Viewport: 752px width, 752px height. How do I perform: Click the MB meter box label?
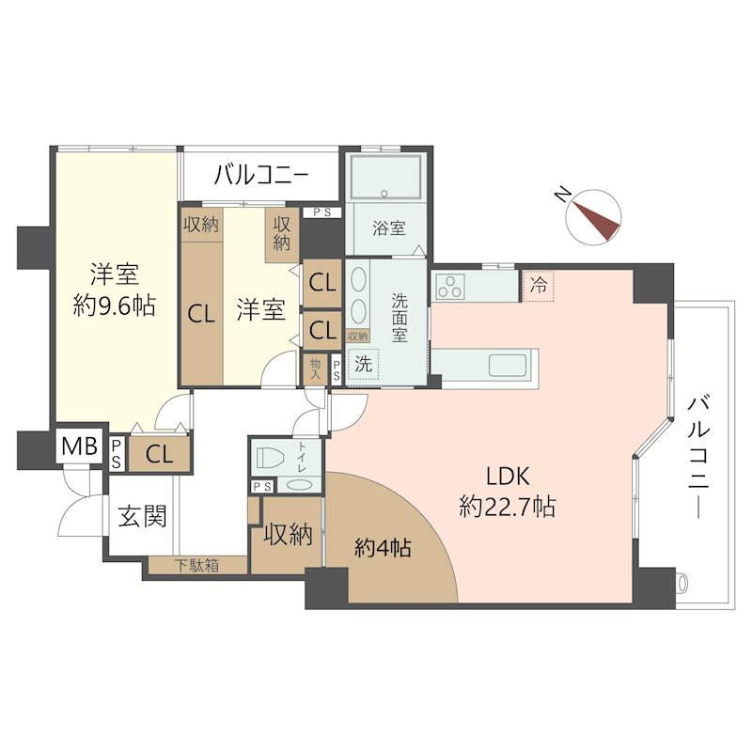(80, 446)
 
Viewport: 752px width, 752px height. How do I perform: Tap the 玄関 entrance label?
(143, 516)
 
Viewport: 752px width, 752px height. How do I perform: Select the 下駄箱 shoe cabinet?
(197, 566)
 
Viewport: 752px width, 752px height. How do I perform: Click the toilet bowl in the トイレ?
(271, 456)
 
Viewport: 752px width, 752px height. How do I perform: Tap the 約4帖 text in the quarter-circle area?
(383, 547)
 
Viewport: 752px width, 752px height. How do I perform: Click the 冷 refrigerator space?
(538, 287)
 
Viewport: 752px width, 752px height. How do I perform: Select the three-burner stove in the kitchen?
(451, 287)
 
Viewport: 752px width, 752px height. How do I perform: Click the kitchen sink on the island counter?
(508, 366)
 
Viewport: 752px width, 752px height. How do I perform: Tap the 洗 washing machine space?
(363, 364)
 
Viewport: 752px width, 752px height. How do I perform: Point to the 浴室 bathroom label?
(389, 227)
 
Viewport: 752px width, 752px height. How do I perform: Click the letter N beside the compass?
(561, 195)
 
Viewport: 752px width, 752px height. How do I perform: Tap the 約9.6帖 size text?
(114, 305)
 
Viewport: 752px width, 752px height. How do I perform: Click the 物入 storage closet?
(315, 369)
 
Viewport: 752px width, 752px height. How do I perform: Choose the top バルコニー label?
(261, 175)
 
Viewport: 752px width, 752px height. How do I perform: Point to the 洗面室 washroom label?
(399, 318)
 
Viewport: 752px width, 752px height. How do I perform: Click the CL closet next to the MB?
(160, 454)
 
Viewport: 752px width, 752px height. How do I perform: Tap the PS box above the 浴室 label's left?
(322, 212)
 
